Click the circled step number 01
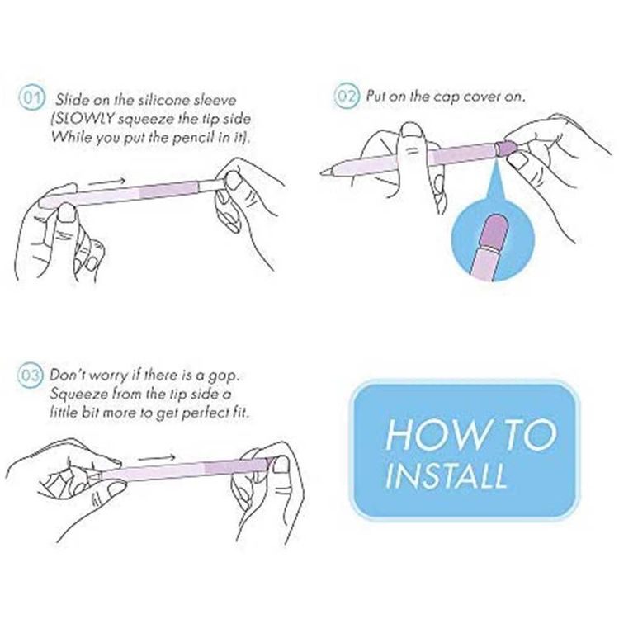click(32, 97)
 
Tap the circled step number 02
click(347, 96)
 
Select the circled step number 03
click(29, 375)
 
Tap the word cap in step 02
click(447, 97)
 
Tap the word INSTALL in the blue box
click(446, 475)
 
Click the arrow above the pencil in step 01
click(106, 182)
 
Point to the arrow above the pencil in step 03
click(157, 458)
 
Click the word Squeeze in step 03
click(75, 395)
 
